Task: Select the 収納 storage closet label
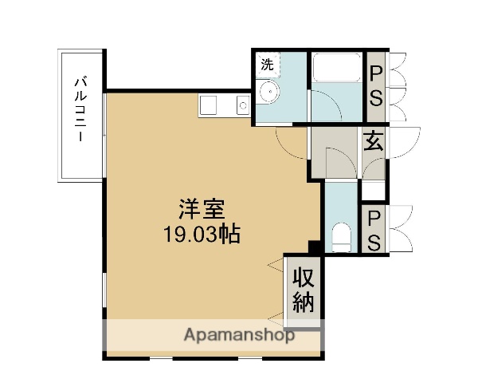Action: tap(304, 290)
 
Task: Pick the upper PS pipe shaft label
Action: tap(375, 87)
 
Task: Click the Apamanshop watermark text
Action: tap(239, 335)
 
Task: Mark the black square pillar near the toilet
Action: tap(315, 247)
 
